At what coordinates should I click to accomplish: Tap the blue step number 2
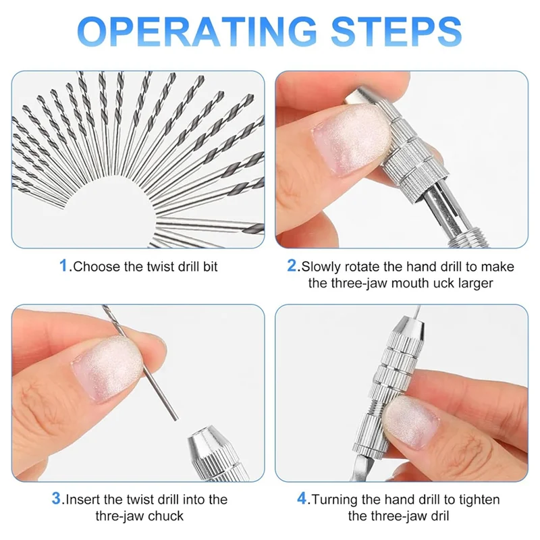click(x=293, y=266)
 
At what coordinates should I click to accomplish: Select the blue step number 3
click(x=57, y=500)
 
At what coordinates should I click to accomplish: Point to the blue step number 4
click(x=303, y=500)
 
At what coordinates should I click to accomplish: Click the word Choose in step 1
click(x=95, y=267)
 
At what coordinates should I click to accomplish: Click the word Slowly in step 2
click(x=323, y=267)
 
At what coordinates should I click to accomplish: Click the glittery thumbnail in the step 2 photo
click(x=354, y=138)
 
